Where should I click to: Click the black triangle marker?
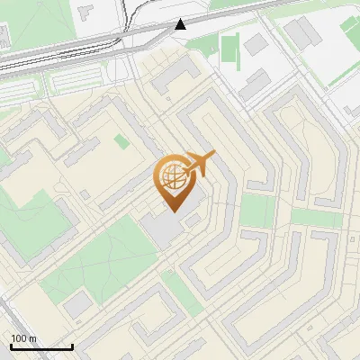pyautogui.click(x=181, y=23)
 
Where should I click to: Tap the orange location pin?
pyautogui.click(x=175, y=184)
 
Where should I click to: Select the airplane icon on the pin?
pyautogui.click(x=198, y=165)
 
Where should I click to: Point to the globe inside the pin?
pyautogui.click(x=174, y=177)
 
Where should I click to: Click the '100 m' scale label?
pyautogui.click(x=24, y=338)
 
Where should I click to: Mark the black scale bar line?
pyautogui.click(x=41, y=346)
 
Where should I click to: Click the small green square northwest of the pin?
pyautogui.click(x=122, y=141)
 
